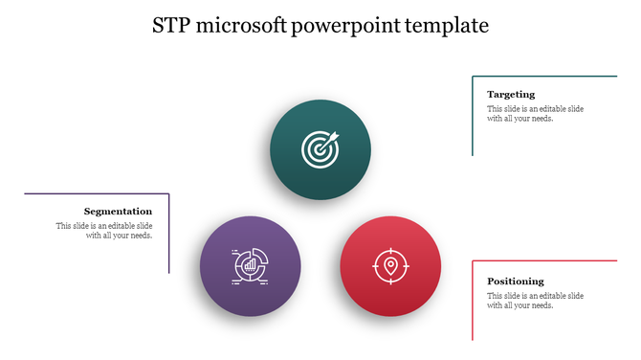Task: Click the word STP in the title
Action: (173, 26)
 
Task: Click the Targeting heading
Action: (511, 94)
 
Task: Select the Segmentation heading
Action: (118, 211)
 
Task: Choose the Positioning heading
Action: (516, 281)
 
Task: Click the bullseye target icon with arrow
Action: (320, 148)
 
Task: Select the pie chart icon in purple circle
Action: (251, 266)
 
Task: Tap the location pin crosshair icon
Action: (390, 266)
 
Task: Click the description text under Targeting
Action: (535, 114)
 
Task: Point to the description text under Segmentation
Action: (104, 231)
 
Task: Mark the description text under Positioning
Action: (535, 301)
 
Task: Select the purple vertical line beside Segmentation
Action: (169, 233)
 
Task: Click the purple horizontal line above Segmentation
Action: (96, 193)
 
